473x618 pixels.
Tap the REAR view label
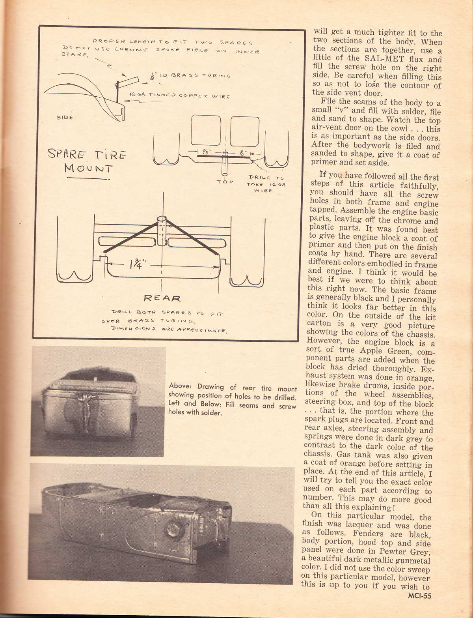[x=162, y=298]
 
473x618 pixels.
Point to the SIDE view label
[x=65, y=118]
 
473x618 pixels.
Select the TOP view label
[x=225, y=182]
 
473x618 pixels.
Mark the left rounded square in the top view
[x=205, y=131]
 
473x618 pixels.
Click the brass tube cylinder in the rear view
[x=162, y=231]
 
